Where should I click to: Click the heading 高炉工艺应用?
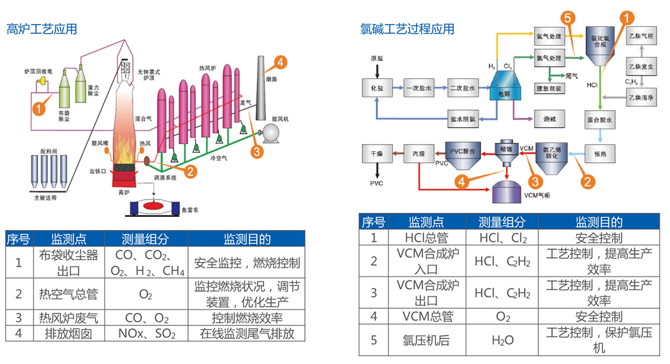[41, 29]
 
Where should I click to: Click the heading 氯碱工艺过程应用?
[407, 29]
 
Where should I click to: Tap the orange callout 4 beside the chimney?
[281, 61]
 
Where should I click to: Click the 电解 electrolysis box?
[505, 89]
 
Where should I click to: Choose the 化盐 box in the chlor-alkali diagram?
[377, 88]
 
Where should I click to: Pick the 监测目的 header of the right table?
[599, 222]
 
